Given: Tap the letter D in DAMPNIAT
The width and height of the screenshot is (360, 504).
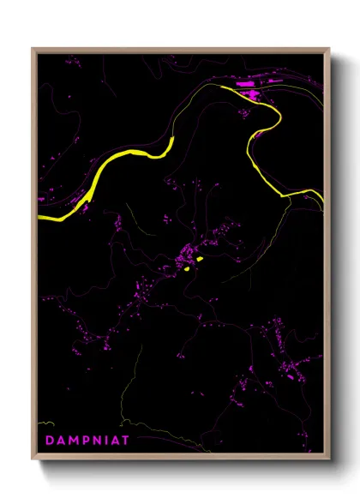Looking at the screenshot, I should [x=49, y=440].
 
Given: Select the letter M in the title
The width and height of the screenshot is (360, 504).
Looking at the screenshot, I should [x=71, y=440].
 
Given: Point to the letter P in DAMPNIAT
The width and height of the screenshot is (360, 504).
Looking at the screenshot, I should [x=83, y=440].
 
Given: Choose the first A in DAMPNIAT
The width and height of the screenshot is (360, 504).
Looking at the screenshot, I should [x=59, y=440].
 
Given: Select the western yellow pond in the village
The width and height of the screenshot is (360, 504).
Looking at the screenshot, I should [x=186, y=270].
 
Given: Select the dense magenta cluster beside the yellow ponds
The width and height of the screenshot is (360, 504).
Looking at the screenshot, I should [x=185, y=255].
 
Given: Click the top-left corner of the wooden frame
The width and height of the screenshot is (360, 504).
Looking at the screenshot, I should [x=33, y=49].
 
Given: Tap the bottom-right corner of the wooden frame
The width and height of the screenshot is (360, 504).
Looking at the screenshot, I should [x=329, y=459].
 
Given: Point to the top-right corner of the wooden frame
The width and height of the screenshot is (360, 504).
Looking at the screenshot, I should [x=329, y=49].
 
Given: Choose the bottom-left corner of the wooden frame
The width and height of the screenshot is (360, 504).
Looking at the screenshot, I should [x=33, y=459].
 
